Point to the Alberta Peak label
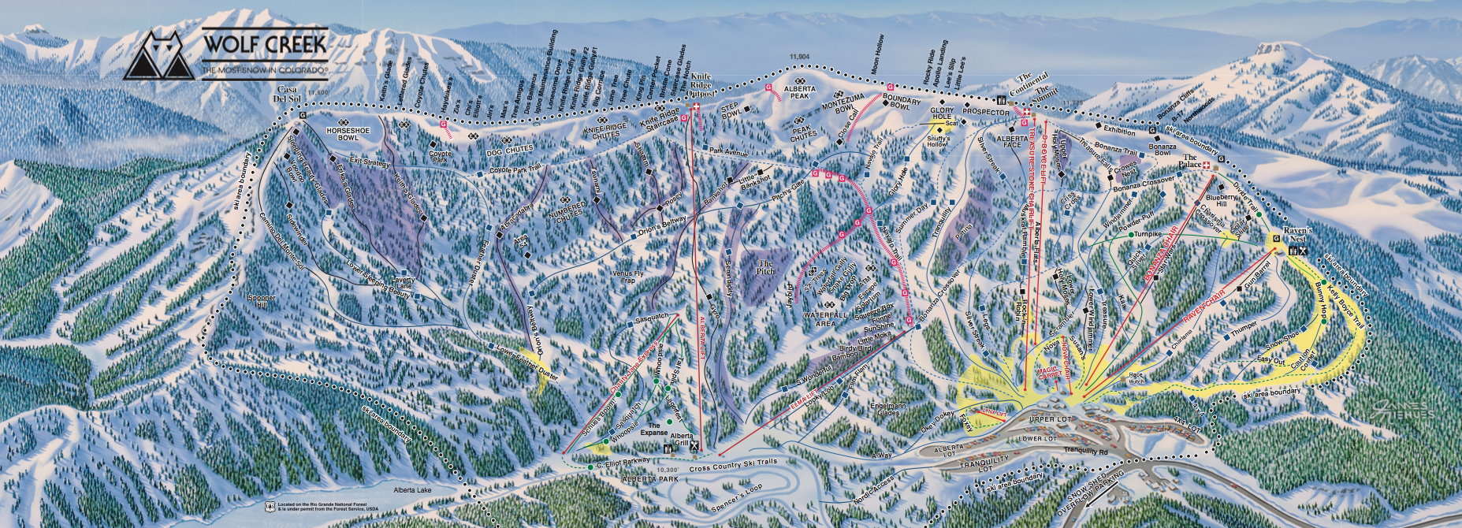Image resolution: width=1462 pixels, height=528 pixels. pos(800,92)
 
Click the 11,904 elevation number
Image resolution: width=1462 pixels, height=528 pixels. pos(799,57)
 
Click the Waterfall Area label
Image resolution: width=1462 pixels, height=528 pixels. pos(825,319)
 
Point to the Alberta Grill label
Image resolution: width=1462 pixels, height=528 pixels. pos(682,440)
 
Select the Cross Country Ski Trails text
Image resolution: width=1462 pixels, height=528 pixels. pos(732,465)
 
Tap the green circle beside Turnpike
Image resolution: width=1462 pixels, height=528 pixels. pos(1131,235)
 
